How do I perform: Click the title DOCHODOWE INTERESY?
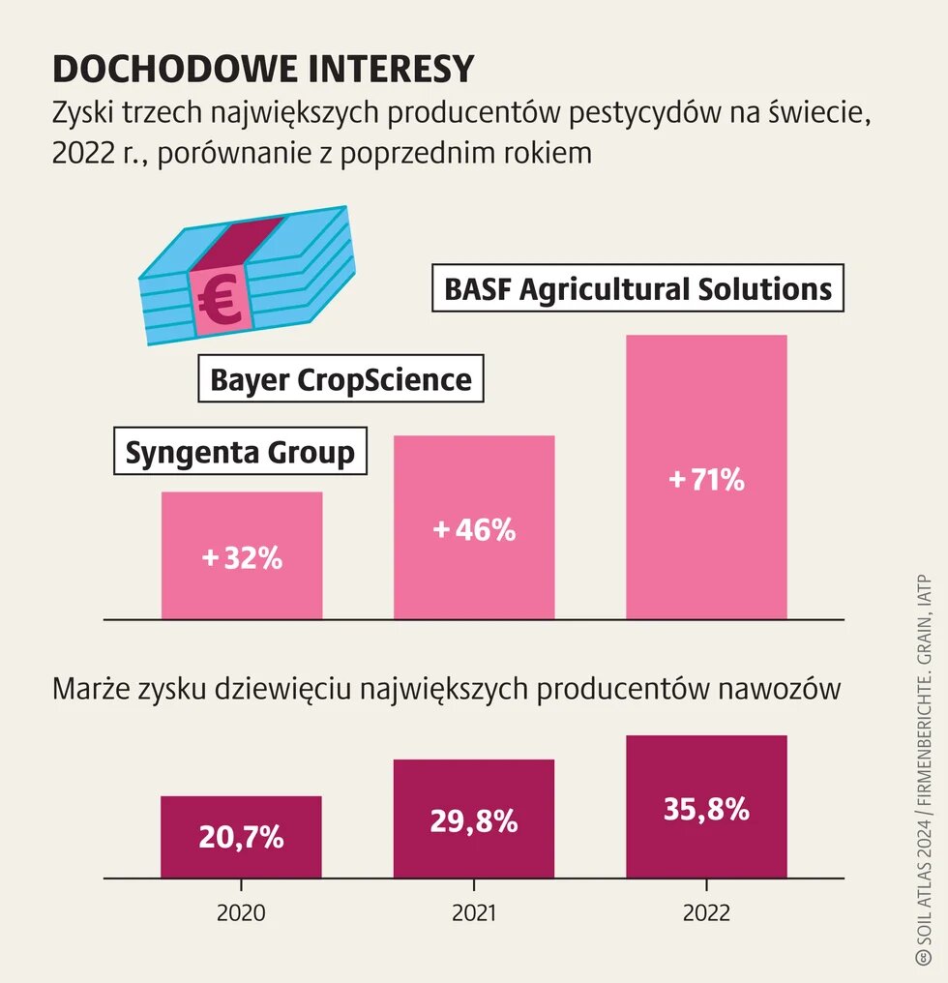tap(263, 69)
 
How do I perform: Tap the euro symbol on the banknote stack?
tap(221, 302)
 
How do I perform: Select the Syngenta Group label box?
tap(240, 452)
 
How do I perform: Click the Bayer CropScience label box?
tap(341, 379)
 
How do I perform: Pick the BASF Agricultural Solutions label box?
tap(637, 288)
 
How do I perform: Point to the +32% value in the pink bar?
tap(242, 558)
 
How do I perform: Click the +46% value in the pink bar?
tap(474, 530)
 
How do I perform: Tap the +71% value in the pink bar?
tap(706, 479)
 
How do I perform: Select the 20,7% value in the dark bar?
tap(242, 837)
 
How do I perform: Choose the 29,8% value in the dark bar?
tap(474, 821)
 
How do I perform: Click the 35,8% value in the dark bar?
tap(706, 809)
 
